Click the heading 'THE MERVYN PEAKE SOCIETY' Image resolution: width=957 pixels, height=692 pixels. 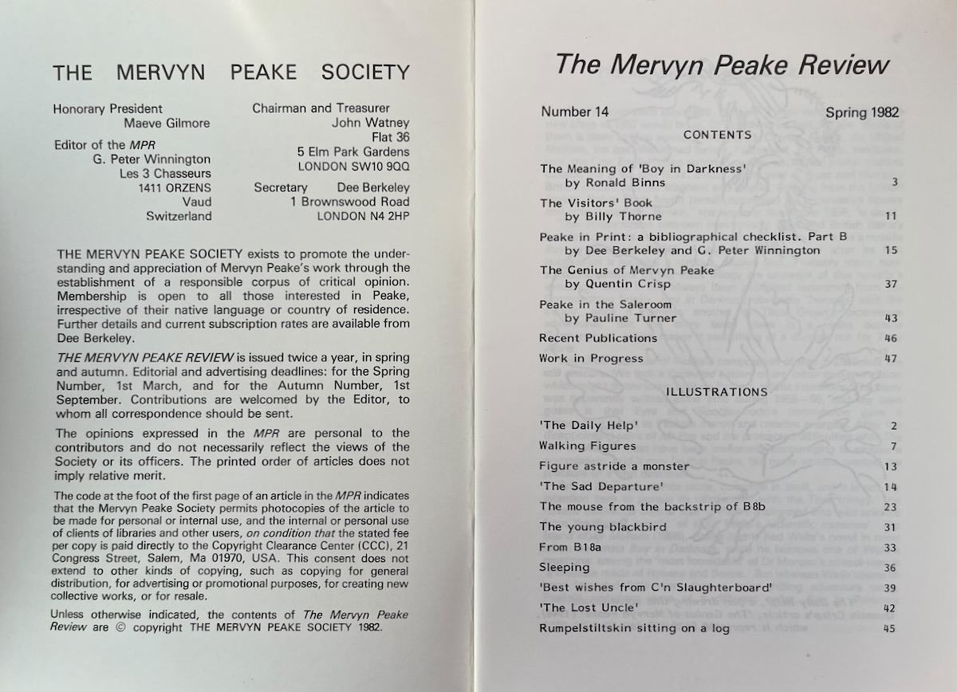click(230, 73)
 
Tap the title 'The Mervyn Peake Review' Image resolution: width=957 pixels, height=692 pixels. click(721, 65)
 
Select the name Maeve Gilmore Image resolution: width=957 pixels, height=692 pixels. click(165, 123)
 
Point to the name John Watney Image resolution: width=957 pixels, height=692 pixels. click(370, 123)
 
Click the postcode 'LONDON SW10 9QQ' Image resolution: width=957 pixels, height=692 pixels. click(353, 167)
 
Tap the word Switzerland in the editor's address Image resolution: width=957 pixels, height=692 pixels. click(179, 216)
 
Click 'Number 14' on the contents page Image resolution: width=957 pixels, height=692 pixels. click(574, 112)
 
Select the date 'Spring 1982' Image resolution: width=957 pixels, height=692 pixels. click(862, 112)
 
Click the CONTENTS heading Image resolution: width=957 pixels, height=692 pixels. click(717, 135)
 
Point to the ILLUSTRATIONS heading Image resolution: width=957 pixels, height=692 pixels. click(717, 391)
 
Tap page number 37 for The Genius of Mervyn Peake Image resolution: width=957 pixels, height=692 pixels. click(891, 285)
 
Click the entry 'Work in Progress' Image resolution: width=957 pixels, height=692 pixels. click(591, 358)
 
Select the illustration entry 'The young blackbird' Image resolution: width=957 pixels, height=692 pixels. click(592, 526)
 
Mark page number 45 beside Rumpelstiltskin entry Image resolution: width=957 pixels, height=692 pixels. click(890, 628)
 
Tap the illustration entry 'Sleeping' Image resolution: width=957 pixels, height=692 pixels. click(565, 567)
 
